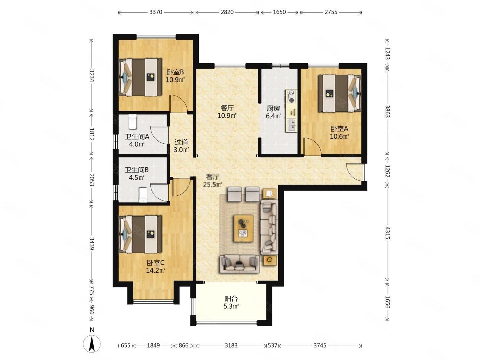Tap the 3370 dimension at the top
tap(156, 12)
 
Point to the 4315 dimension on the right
tap(387, 233)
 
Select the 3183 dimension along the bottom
tap(231, 345)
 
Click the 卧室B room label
tap(175, 72)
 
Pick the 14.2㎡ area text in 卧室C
tap(155, 271)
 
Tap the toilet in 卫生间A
tap(132, 122)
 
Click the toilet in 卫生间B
tap(143, 195)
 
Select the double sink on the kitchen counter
tap(291, 125)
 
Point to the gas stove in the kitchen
tap(291, 97)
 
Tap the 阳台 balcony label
tap(231, 298)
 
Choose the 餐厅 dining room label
tap(227, 108)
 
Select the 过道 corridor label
tap(181, 142)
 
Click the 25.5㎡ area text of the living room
tap(213, 185)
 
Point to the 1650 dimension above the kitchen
tap(279, 12)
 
